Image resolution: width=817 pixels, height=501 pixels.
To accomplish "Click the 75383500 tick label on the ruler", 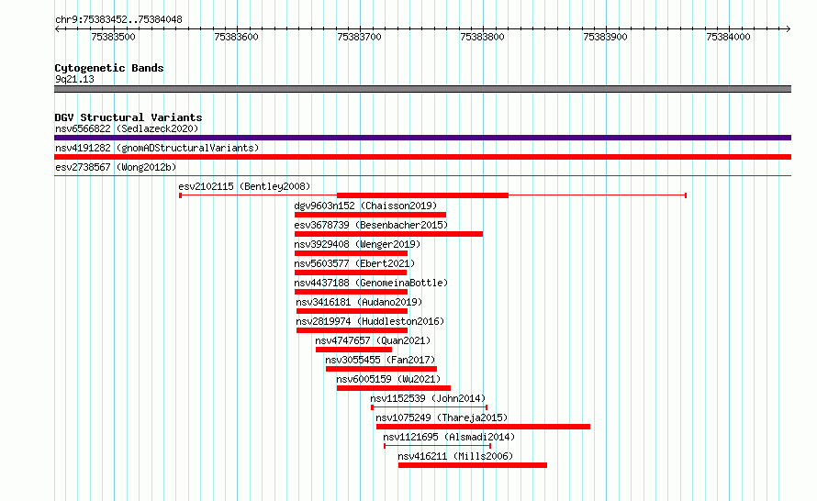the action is point(113,37).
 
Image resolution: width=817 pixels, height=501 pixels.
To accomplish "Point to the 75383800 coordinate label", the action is point(482,37).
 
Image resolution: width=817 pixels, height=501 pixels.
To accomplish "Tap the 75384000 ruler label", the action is point(728,37).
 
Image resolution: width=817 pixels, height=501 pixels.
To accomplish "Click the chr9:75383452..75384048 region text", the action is point(118,20).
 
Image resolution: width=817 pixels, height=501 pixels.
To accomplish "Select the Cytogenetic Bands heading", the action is point(109,68).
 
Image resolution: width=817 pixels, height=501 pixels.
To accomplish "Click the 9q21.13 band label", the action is point(74,79).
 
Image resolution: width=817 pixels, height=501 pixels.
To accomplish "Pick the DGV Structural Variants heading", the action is point(129,117).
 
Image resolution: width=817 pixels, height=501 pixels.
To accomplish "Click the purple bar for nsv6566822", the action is point(422,138).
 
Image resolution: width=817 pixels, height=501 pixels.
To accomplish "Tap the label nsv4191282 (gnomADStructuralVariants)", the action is point(157,148).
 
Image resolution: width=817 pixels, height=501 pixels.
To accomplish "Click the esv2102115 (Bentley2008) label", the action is point(244,186).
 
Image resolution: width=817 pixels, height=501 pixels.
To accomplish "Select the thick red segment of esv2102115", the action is point(422,195).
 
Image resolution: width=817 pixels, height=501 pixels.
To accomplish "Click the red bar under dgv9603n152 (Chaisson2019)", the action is point(370,215).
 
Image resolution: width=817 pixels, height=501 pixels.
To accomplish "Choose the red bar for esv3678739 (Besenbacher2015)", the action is point(388,234).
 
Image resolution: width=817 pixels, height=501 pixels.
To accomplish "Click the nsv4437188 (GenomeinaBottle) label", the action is point(371,283).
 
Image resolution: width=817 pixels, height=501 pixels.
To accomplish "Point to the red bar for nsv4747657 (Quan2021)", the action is point(353,350).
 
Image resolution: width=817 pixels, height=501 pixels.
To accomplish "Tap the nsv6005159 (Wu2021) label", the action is point(388,379).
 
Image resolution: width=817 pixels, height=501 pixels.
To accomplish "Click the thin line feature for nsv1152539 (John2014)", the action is point(430,407).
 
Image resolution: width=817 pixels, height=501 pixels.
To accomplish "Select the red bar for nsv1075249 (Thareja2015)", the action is point(483,427).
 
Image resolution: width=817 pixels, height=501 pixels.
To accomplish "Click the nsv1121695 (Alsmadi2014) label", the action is point(449,437).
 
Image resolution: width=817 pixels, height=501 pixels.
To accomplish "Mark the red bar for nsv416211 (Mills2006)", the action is point(473,465).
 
